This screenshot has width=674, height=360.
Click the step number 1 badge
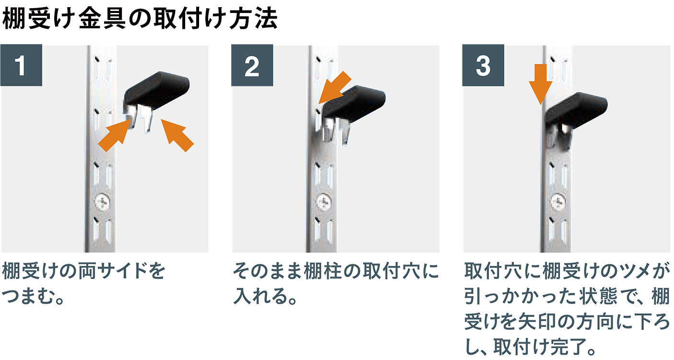21,65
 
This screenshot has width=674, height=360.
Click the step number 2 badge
252,65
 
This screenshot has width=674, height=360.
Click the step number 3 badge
483,65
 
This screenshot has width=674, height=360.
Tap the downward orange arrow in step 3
541,84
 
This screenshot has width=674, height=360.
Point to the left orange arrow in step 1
116,135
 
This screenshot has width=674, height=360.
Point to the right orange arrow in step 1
177,135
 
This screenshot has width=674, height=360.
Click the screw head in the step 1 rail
103,202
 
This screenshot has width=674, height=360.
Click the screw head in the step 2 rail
324,202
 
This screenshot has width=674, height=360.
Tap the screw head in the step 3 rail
558,201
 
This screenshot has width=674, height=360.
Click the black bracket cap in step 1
157,90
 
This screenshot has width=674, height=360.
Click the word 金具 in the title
102,19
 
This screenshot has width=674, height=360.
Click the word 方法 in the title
253,19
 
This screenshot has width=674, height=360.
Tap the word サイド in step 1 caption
122,271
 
